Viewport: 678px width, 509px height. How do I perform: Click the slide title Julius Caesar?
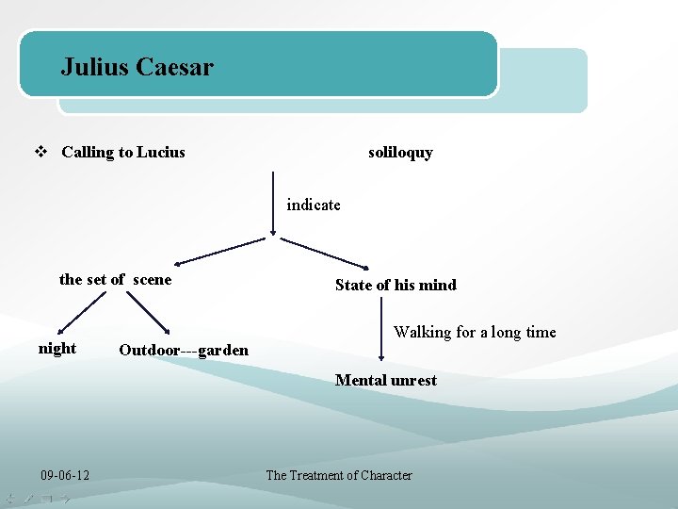coord(137,67)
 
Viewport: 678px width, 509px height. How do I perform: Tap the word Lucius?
coord(161,153)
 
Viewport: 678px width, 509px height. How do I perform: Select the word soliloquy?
coord(400,153)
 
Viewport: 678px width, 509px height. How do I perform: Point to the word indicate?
coord(314,205)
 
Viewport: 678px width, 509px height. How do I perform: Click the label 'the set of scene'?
coord(115,279)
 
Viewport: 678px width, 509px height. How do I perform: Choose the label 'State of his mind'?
coord(395,285)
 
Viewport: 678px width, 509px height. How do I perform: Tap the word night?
coord(57,349)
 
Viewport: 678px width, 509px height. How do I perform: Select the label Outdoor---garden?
coord(184,351)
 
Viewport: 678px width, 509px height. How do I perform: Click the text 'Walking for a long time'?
coord(475,332)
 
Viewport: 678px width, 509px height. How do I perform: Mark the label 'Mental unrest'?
coord(386,381)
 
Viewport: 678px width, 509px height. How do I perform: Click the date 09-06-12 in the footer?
coord(65,475)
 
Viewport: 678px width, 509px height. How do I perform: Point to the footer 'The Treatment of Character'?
coord(339,475)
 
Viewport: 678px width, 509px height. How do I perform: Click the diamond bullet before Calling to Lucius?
coord(40,152)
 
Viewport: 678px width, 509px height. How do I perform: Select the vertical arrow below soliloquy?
coord(273,203)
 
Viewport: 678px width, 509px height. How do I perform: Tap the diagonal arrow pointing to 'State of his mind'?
coord(325,252)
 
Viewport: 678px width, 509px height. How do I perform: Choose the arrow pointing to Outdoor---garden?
coord(146,312)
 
